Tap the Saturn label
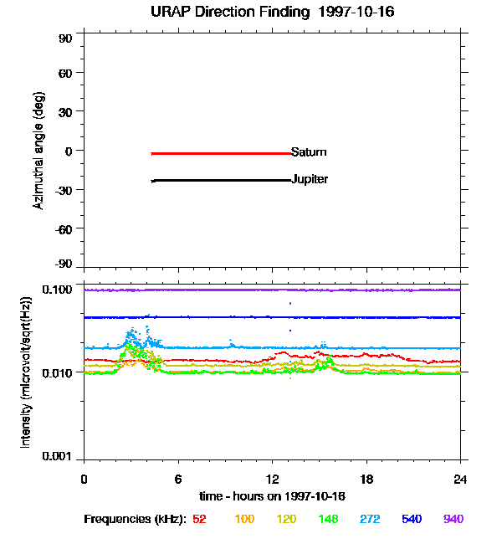(x=309, y=152)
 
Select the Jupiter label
(x=310, y=179)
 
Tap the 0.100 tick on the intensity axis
(x=60, y=289)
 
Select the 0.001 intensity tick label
(x=60, y=458)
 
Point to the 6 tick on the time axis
(x=178, y=479)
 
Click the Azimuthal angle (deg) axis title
(x=38, y=151)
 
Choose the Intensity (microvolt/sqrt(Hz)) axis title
(x=25, y=371)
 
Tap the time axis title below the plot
(x=273, y=496)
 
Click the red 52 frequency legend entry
(x=199, y=520)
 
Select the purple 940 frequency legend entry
(x=453, y=520)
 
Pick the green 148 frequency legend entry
(x=329, y=520)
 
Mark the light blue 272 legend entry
(x=370, y=520)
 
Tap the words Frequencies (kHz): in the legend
(x=135, y=520)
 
